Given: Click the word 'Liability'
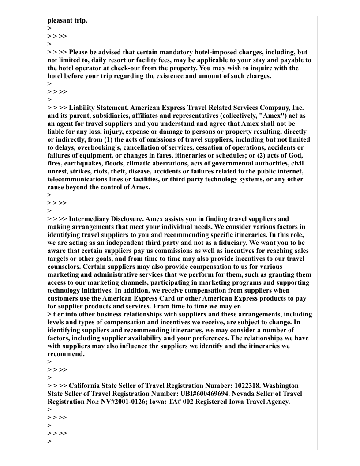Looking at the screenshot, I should [83, 108].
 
